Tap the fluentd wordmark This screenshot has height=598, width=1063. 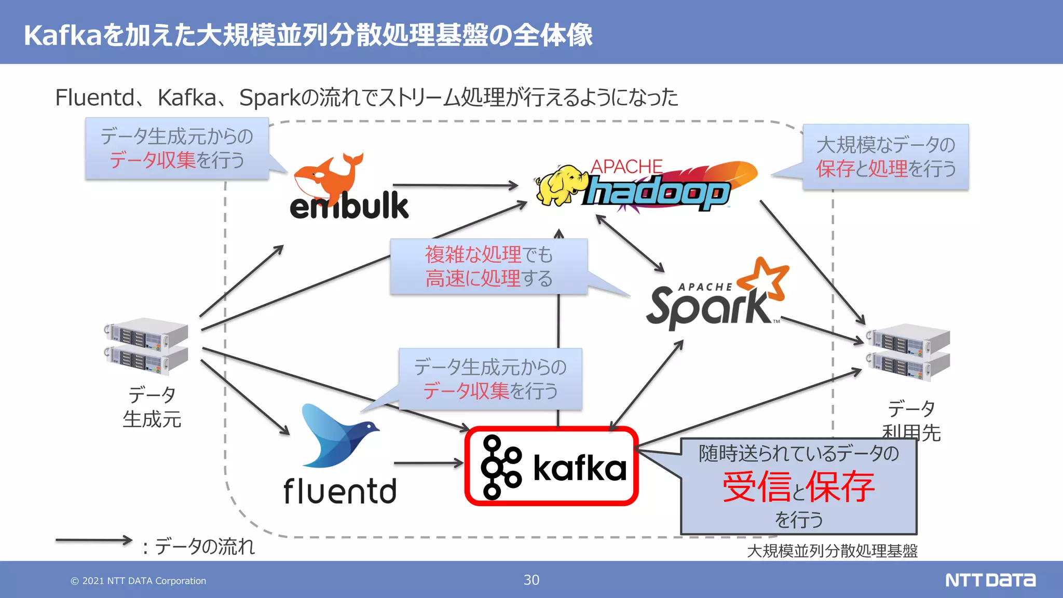(x=340, y=491)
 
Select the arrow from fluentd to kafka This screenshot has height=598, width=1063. (x=428, y=463)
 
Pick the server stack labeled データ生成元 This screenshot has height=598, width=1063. (x=146, y=346)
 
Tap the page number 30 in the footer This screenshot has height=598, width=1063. (x=531, y=580)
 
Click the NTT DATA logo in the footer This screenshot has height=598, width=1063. (x=990, y=580)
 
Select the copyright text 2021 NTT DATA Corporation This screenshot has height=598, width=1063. (x=139, y=581)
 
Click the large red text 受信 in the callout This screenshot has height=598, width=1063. (x=757, y=487)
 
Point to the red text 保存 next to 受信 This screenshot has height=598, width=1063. (x=840, y=487)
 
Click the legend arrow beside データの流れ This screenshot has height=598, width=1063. (x=93, y=540)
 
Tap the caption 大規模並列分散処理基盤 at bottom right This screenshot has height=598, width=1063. (x=832, y=551)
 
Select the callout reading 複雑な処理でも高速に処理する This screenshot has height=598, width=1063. (x=488, y=266)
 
